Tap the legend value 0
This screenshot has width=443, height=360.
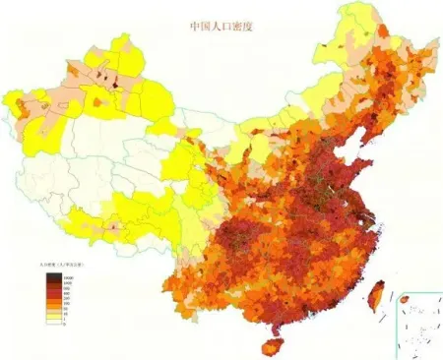[63, 323]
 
